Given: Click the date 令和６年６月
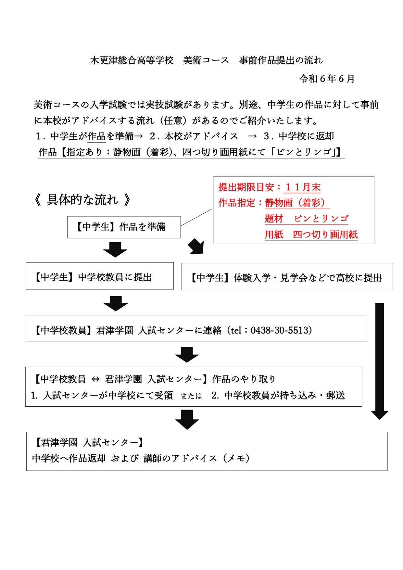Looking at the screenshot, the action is (x=327, y=79).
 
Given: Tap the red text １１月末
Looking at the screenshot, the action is (x=303, y=187).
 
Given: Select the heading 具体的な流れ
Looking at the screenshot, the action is (x=83, y=200).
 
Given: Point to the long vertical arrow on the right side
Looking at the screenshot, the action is (x=380, y=361).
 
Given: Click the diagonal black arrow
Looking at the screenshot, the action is (x=196, y=246).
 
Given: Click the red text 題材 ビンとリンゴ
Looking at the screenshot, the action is (x=307, y=219).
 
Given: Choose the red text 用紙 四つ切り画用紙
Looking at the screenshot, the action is (x=311, y=234).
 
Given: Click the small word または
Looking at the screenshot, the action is (x=191, y=396).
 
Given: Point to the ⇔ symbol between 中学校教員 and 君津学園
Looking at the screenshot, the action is (x=95, y=379).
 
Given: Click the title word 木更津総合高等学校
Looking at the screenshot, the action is (x=132, y=60).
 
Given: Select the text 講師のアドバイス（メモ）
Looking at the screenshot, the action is (x=197, y=458).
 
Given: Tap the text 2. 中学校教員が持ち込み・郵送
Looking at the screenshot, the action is (x=278, y=395).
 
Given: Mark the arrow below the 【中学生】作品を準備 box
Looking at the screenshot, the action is (x=115, y=250).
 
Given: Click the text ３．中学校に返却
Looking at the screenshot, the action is (x=299, y=136).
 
